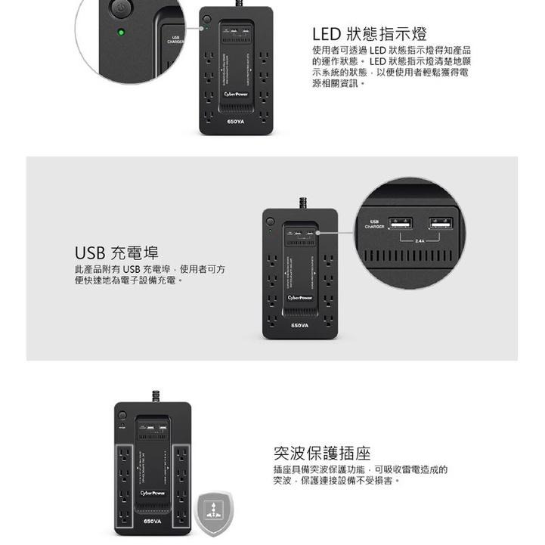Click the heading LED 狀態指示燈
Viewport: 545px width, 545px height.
[370, 35]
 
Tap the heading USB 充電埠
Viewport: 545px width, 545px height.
[116, 252]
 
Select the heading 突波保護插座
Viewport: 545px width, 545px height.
[322, 453]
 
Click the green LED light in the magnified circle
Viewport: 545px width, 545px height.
[121, 33]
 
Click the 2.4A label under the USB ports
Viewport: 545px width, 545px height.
[420, 243]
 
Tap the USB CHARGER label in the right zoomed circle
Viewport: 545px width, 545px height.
[374, 224]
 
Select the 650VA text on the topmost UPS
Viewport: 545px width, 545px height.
[236, 121]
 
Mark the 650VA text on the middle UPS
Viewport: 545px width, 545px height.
[300, 325]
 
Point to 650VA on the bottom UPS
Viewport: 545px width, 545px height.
[153, 522]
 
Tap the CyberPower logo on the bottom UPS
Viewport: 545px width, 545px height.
[153, 493]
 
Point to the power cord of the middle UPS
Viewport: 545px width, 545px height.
[302, 201]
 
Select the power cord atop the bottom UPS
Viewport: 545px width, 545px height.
[156, 396]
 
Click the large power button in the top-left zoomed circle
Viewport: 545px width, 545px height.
[120, 9]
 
